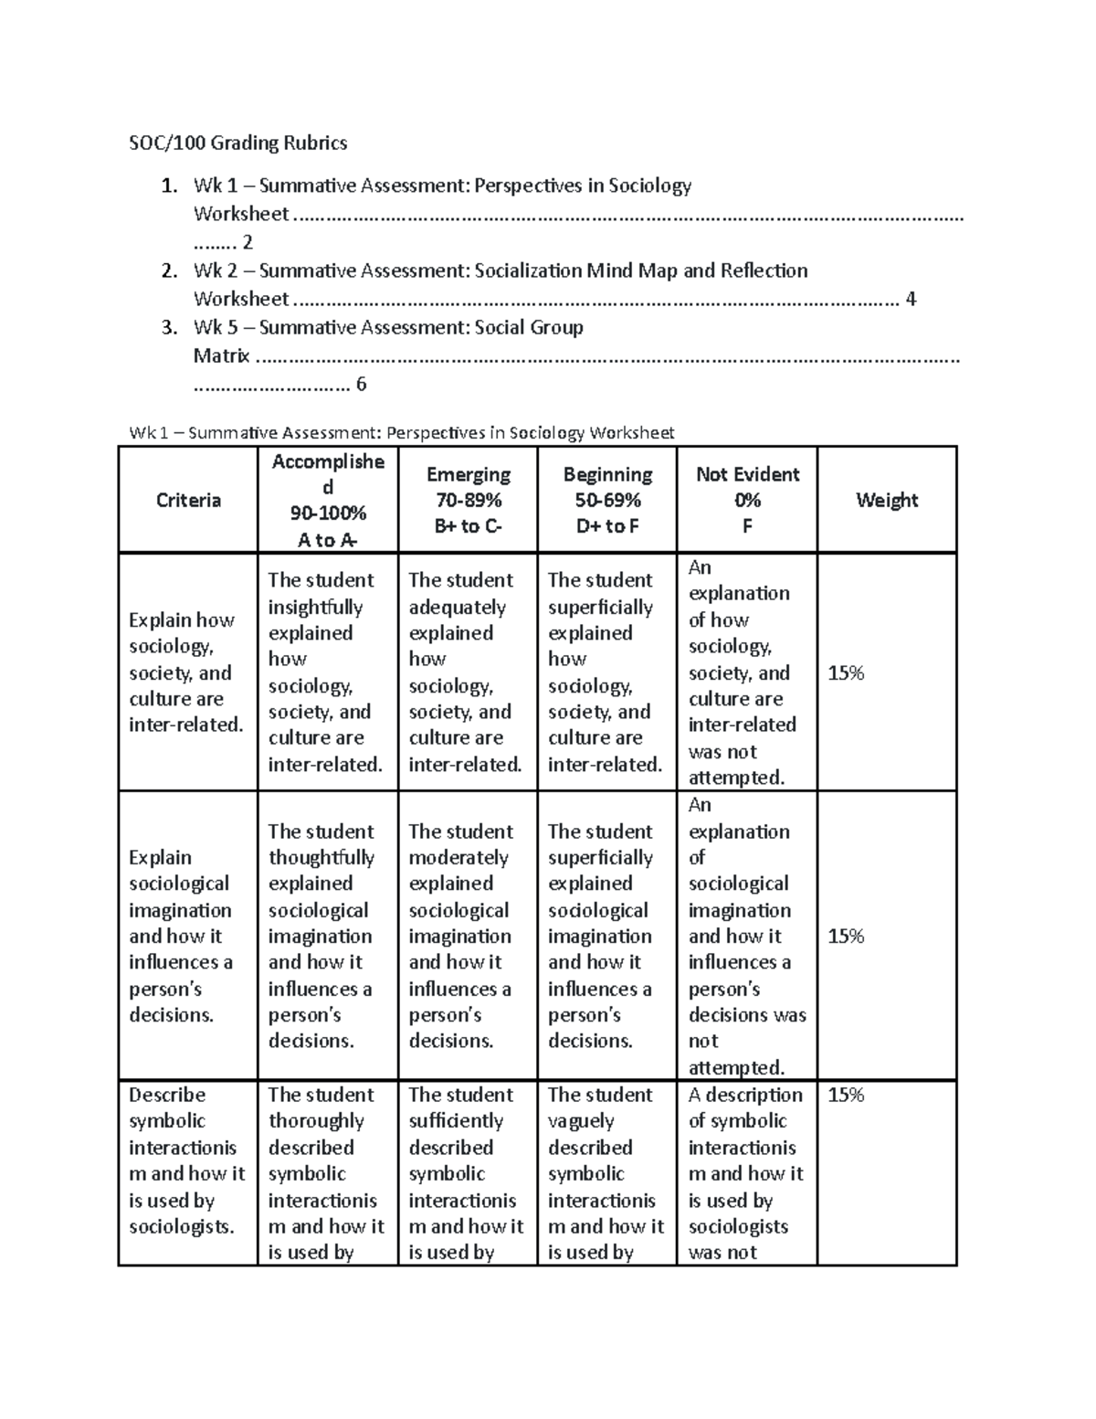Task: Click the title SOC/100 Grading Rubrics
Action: point(237,143)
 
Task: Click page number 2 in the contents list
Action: point(247,242)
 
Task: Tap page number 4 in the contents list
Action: point(910,299)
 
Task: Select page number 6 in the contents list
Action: point(361,384)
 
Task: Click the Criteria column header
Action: point(188,500)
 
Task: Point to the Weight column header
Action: point(886,500)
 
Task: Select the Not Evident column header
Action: point(747,474)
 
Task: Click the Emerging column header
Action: point(468,474)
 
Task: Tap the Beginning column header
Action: point(607,474)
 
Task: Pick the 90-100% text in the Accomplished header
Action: point(328,513)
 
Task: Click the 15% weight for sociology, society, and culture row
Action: point(846,673)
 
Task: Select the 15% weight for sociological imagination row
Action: point(846,937)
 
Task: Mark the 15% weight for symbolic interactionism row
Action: point(846,1095)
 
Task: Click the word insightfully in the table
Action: point(315,607)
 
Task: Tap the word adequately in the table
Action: point(457,607)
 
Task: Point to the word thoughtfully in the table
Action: point(321,857)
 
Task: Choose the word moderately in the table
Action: point(458,857)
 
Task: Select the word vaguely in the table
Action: point(580,1121)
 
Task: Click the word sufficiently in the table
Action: point(456,1121)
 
